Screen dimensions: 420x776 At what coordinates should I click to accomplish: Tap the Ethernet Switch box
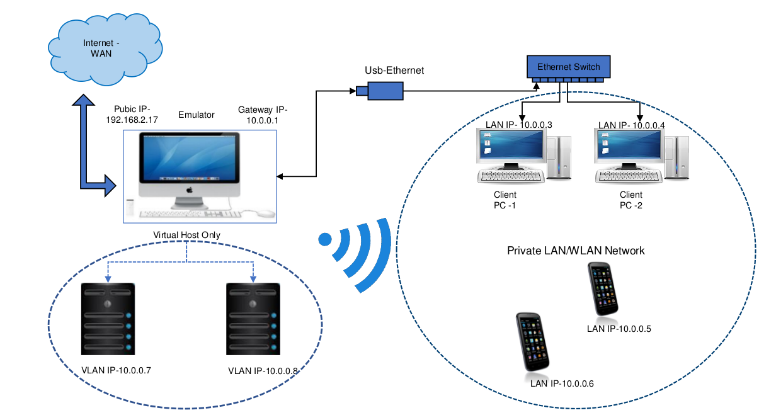568,67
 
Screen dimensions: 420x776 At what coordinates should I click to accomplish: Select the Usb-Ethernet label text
394,71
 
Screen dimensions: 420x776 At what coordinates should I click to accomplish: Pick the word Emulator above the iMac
197,115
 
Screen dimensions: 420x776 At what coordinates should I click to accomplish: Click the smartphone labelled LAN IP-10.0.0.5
603,288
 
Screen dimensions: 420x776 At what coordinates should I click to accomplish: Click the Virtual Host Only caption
187,235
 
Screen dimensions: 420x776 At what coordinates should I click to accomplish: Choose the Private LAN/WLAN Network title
576,251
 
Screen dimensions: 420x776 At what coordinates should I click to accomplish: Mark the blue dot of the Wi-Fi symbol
325,239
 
